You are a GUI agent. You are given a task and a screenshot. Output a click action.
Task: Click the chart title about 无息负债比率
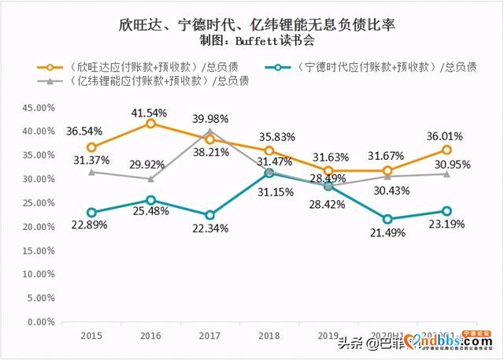(252, 26)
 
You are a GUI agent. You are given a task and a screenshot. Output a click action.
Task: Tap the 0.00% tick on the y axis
(39, 322)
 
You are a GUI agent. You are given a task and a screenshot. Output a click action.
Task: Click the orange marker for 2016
(150, 124)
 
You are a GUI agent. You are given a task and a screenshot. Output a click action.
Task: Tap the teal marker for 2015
(91, 213)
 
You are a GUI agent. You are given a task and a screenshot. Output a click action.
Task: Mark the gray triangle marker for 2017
(209, 132)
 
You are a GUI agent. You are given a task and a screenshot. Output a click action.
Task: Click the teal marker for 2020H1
(387, 219)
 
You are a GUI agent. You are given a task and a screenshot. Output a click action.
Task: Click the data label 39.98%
(211, 118)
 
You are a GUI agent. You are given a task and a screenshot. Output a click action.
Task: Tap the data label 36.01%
(446, 135)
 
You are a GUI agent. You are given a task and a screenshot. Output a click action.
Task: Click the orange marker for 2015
(91, 147)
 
